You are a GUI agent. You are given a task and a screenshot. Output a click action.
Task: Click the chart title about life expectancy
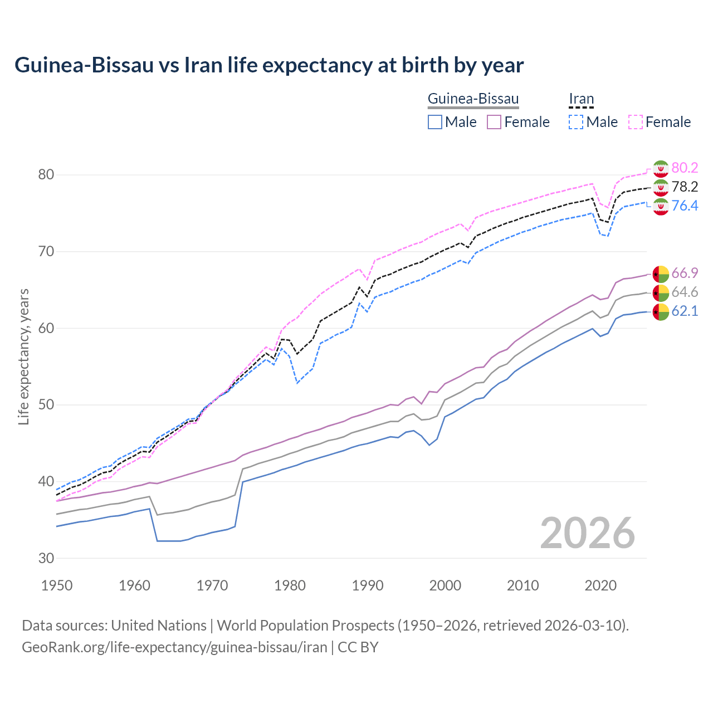[269, 65]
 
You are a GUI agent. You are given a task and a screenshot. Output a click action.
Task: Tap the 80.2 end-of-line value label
[685, 168]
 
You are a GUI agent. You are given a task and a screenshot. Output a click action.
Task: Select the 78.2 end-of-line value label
[685, 187]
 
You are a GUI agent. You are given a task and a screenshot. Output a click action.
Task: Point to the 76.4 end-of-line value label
[685, 206]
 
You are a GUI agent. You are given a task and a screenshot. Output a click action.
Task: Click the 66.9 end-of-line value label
[685, 273]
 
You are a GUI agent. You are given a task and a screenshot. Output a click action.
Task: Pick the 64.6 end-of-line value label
[685, 292]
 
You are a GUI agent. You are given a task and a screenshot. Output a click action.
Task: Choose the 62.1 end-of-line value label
[685, 311]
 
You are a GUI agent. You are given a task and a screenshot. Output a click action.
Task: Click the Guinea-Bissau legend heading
[473, 99]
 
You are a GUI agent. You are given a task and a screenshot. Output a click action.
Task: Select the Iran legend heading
[581, 99]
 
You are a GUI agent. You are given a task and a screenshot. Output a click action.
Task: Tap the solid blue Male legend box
[435, 122]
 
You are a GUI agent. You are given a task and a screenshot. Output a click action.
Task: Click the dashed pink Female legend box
[636, 122]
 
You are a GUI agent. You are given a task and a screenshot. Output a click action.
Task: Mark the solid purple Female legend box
[494, 122]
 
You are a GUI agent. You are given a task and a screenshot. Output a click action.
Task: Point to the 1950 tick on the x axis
[57, 585]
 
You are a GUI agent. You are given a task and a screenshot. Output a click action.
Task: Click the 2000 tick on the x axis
[445, 585]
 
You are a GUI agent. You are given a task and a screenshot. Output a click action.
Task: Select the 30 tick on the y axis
[46, 558]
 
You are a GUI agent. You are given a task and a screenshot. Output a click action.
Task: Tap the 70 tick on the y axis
[46, 251]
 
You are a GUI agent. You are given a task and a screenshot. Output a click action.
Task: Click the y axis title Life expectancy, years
[23, 356]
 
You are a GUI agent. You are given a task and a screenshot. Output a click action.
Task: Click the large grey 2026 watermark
[587, 533]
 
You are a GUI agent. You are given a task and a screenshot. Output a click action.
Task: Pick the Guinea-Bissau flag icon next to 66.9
[660, 274]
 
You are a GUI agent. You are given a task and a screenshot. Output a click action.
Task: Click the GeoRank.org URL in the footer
[174, 647]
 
